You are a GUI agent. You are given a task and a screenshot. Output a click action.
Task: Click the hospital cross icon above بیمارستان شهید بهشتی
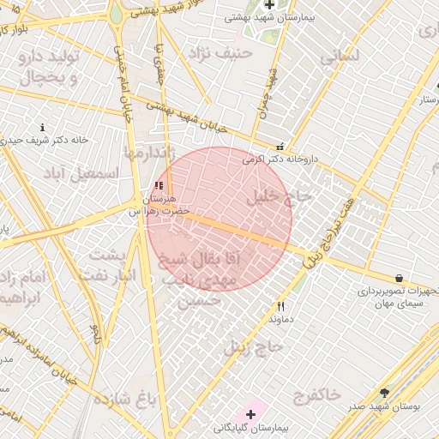[269, 5]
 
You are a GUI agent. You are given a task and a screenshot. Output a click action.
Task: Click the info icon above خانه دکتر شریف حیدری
[40, 127]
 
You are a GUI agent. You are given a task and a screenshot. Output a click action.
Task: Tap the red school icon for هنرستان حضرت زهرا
[157, 185]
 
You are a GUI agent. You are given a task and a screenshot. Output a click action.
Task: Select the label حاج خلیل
[281, 196]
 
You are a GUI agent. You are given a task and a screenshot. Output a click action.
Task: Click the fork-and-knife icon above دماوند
[280, 306]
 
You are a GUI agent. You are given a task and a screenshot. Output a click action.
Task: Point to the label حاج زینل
[254, 347]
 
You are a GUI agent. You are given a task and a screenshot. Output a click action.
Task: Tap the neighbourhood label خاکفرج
[317, 395]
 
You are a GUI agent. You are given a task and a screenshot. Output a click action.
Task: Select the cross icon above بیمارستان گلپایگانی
[250, 414]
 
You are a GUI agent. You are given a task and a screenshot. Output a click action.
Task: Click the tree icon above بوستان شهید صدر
[383, 393]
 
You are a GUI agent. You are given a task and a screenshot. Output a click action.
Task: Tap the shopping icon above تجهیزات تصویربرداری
[400, 277]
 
